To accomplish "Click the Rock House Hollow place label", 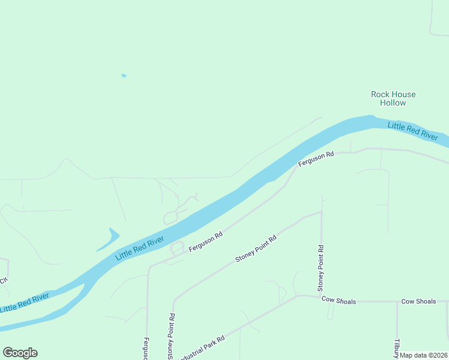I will coord(393,98).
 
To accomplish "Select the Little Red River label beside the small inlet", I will coord(139,248).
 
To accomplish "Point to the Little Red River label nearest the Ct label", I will coord(24,302).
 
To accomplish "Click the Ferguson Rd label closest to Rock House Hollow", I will coord(316,159).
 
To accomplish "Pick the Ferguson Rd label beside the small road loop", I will coord(205,241).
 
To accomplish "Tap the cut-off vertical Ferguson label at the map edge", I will coord(146,348).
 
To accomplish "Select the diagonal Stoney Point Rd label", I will coord(256,248).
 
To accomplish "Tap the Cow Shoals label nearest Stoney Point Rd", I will coord(339,300).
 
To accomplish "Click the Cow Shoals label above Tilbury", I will coord(418,301).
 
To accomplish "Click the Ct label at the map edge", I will coord(3,280).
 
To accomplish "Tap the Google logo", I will coord(20,353).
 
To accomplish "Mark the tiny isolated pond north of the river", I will coord(124,76).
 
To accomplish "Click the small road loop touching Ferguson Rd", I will coord(177,247).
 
